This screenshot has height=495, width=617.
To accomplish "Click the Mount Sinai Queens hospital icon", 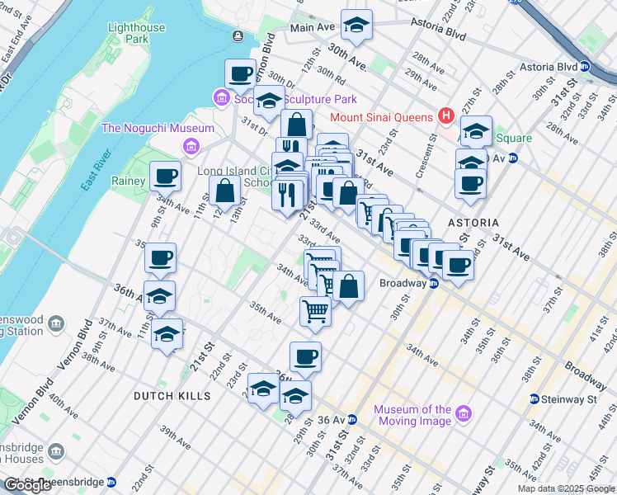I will [x=446, y=115].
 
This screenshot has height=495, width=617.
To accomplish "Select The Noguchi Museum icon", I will [x=191, y=146].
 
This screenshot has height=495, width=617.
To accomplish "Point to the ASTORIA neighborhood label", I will [x=473, y=223].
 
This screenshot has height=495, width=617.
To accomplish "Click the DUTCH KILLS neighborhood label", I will [x=172, y=396].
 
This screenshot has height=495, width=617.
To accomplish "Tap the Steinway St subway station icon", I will [x=535, y=399].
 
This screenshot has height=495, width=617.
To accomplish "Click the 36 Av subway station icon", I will [x=352, y=419].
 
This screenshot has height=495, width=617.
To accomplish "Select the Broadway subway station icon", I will [x=433, y=283].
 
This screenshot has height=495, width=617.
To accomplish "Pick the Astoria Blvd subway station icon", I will [x=585, y=66].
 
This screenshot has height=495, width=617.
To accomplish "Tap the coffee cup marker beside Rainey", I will [x=166, y=177].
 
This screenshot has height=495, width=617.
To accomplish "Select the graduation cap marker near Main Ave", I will [x=356, y=26].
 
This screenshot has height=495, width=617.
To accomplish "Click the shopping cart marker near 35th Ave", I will [x=315, y=311].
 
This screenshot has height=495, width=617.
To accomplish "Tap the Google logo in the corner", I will [x=28, y=485].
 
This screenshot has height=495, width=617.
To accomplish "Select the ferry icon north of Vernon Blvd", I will [x=238, y=35].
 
